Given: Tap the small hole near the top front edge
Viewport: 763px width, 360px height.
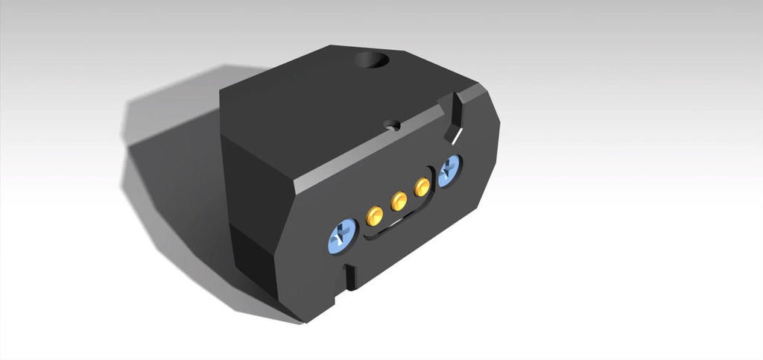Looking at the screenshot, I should [392, 125].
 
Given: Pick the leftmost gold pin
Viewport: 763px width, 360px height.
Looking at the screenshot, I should [375, 216].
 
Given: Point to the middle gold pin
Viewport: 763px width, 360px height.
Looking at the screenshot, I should [399, 200].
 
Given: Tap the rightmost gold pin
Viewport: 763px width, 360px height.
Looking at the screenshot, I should [422, 187].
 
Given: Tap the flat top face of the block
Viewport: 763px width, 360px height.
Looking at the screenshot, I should [320, 104].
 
